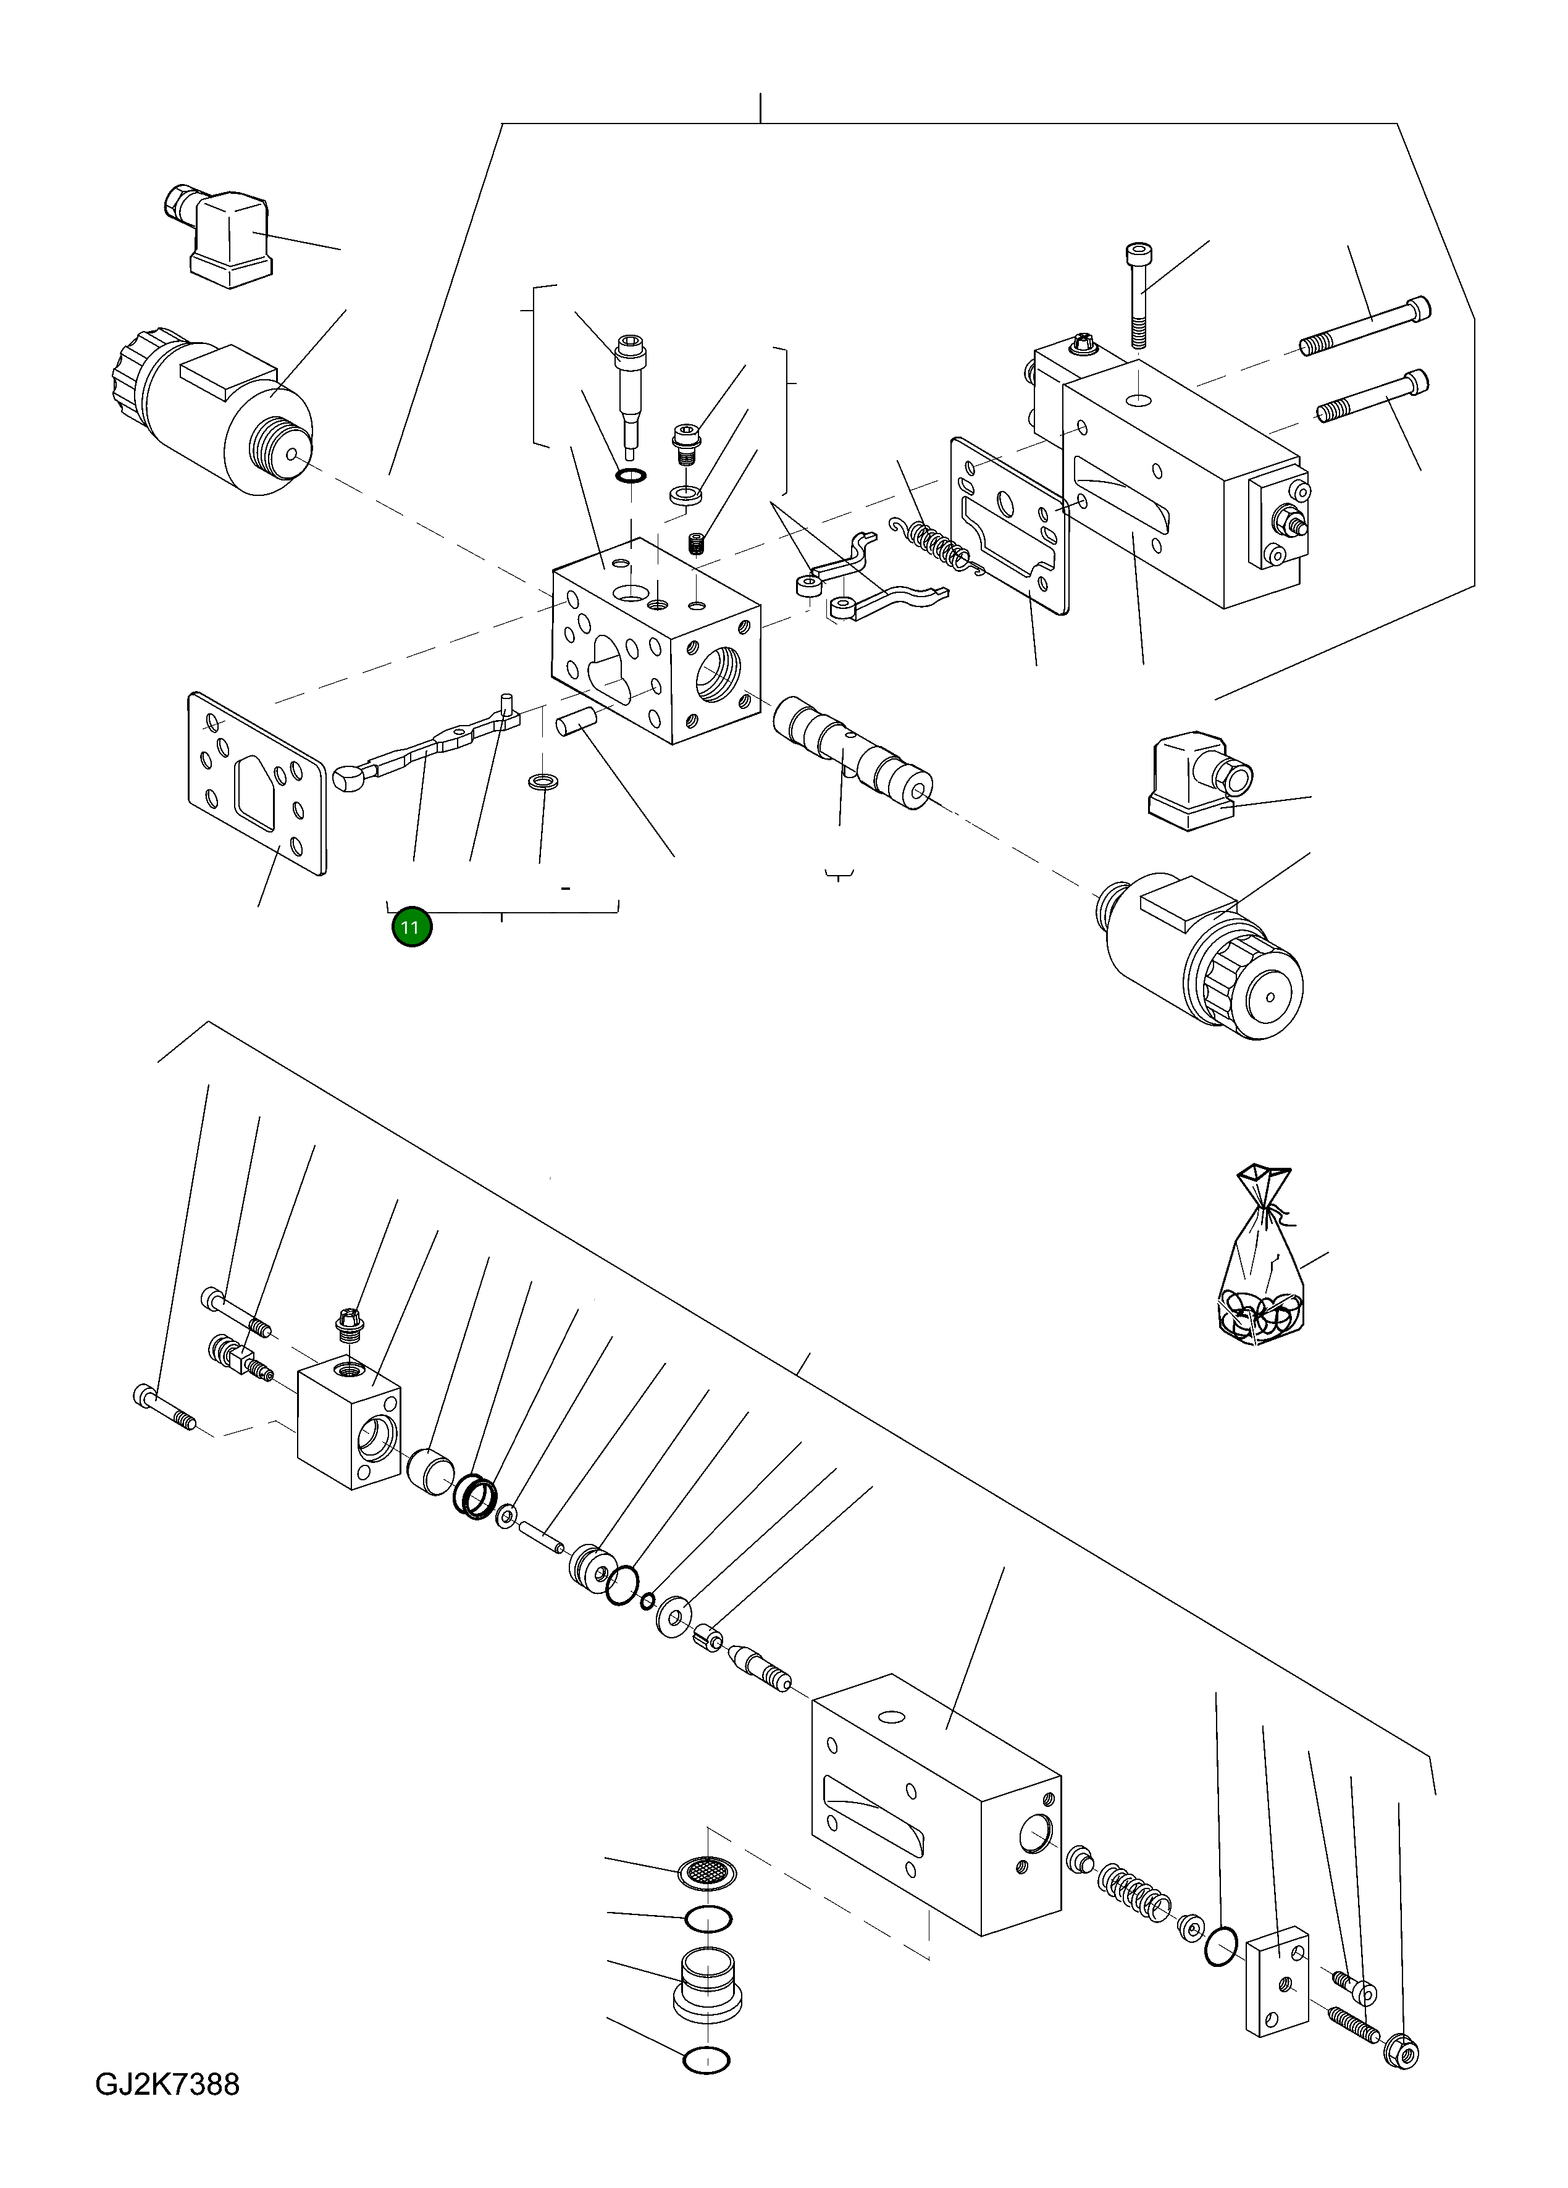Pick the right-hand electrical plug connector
pos(1196,781)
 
